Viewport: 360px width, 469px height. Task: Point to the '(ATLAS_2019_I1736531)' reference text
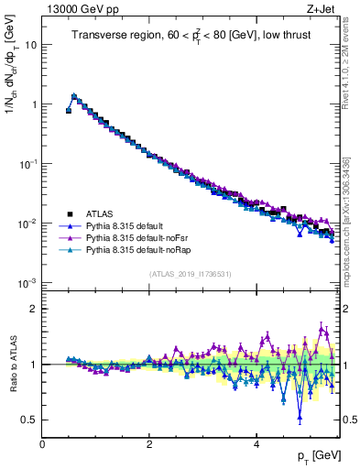(189, 274)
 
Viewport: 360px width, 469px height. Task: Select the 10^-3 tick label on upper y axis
(27, 283)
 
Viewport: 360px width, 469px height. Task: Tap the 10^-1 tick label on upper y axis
(27, 164)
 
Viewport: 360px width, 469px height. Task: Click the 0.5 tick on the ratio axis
(28, 420)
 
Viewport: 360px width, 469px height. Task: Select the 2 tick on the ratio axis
(34, 309)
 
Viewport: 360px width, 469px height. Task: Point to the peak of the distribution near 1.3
(74, 95)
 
